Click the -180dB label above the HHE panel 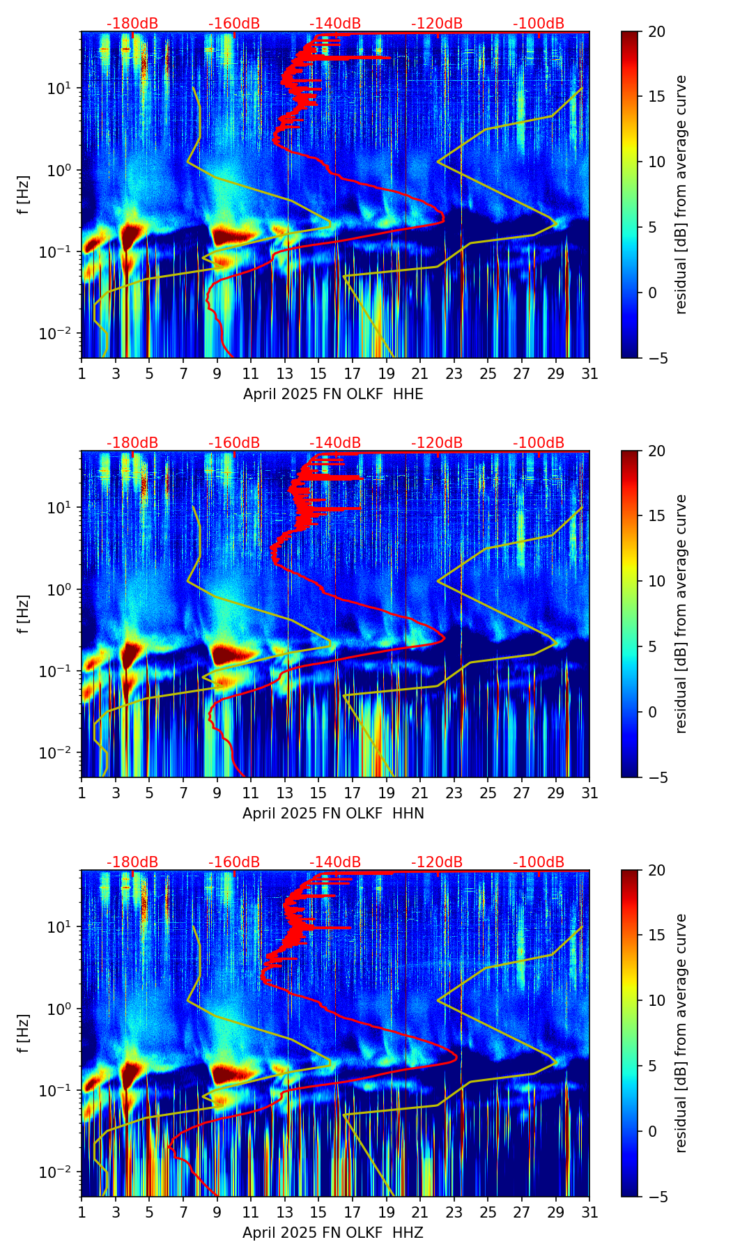click(x=132, y=24)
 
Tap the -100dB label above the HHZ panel click(x=539, y=862)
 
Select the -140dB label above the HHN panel click(x=335, y=443)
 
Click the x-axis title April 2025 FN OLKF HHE click(x=333, y=394)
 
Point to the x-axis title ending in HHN click(x=333, y=814)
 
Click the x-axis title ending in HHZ click(x=333, y=1233)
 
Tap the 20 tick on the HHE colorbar click(x=656, y=32)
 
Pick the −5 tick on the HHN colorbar click(x=656, y=777)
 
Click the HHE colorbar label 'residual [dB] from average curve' click(x=681, y=194)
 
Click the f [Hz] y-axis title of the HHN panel click(x=24, y=614)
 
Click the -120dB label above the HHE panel click(x=437, y=24)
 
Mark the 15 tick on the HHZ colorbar click(x=656, y=935)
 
